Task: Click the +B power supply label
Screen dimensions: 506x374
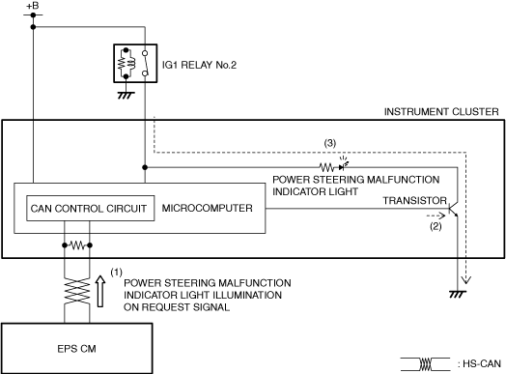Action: coord(32,6)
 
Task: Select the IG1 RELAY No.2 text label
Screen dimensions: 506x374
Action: coord(199,65)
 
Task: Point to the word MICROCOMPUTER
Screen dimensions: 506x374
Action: coord(208,209)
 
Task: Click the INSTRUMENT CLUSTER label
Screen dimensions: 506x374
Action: coord(441,112)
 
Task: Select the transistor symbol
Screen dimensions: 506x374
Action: coord(454,210)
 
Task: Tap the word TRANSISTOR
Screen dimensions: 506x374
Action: coord(414,201)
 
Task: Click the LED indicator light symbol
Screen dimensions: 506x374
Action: coord(344,164)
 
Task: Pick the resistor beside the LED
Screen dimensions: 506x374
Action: coord(326,167)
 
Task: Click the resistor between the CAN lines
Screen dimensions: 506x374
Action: coord(77,245)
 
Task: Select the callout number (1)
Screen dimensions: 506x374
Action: coord(116,273)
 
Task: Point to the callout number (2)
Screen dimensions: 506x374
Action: coord(436,226)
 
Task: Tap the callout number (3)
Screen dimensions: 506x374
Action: coord(330,143)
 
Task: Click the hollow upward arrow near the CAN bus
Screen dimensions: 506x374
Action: coord(100,291)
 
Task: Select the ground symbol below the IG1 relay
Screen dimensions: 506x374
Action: coord(126,96)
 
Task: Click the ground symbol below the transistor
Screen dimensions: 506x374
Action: coord(458,294)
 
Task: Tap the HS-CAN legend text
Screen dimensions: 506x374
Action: coord(479,364)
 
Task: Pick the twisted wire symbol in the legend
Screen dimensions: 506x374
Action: coord(425,364)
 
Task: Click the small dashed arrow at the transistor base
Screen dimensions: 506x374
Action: coord(436,216)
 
